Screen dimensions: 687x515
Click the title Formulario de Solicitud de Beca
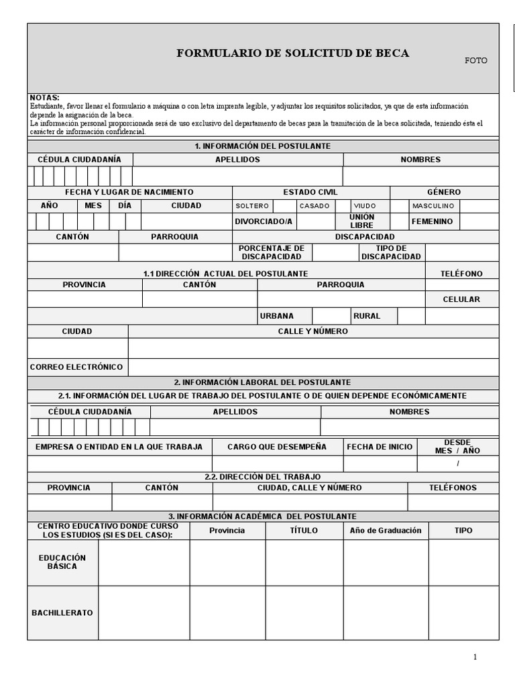coord(292,53)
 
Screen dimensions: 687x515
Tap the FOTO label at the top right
coord(476,60)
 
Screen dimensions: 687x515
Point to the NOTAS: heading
coord(45,98)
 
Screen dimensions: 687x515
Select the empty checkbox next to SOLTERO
coord(284,206)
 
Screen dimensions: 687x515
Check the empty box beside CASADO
coord(343,206)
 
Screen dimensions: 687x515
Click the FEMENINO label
coord(432,221)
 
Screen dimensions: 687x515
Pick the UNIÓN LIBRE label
coord(361,221)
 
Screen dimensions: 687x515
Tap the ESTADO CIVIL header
coord(310,192)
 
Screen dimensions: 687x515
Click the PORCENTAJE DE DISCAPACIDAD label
coord(272,252)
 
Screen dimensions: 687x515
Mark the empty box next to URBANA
coord(329,316)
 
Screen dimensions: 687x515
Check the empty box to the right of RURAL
coord(411,316)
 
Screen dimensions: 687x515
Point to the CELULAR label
coord(461,299)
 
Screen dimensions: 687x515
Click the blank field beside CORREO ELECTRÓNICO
coord(313,367)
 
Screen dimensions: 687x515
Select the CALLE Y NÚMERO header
coord(313,331)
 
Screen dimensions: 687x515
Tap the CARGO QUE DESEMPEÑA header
coord(277,446)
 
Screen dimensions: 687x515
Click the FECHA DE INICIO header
coord(380,446)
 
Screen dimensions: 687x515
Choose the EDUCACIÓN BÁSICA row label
coord(62,562)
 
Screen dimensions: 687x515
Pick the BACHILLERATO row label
coord(62,613)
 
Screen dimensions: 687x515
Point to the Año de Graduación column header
coord(386,530)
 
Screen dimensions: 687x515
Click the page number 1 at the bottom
coord(475,657)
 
